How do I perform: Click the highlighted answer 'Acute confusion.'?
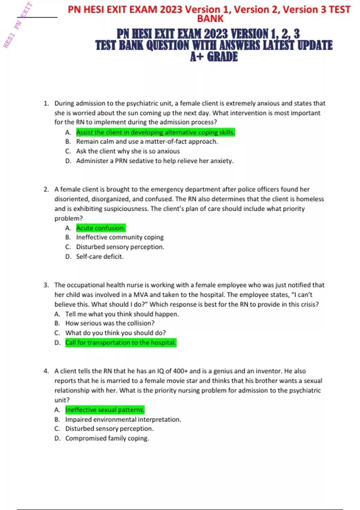tap(100, 228)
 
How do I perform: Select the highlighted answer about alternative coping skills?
tap(155, 132)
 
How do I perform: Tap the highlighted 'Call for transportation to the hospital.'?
tap(121, 343)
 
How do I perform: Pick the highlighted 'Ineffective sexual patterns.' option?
tap(105, 410)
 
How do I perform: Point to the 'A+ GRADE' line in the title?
tap(214, 57)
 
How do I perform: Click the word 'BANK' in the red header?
tap(210, 19)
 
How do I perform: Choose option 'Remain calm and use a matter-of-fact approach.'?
tap(147, 142)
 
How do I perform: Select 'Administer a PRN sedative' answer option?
tap(154, 161)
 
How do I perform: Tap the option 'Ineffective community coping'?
tap(120, 237)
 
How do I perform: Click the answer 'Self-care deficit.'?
tap(100, 256)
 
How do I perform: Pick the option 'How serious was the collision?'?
tap(110, 323)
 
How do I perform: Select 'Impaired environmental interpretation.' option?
tap(123, 419)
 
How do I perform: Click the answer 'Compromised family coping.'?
tap(107, 438)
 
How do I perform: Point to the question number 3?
tap(46, 285)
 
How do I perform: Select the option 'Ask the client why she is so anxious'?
tap(128, 151)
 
